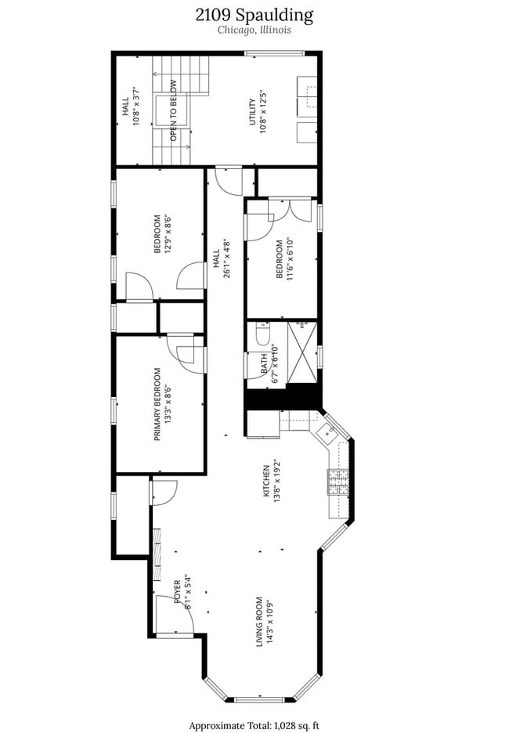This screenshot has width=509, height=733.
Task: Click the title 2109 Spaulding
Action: pyautogui.click(x=254, y=15)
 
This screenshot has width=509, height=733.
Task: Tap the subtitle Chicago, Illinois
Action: pyautogui.click(x=254, y=31)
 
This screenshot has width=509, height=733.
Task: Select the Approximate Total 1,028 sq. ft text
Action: pyautogui.click(x=254, y=725)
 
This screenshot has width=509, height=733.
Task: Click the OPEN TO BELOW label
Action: pyautogui.click(x=173, y=111)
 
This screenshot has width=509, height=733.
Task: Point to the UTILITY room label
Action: pyautogui.click(x=251, y=111)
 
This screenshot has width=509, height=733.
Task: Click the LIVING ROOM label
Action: pyautogui.click(x=259, y=622)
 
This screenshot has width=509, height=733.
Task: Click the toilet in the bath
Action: pyautogui.click(x=262, y=336)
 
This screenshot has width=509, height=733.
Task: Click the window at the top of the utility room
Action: pyautogui.click(x=274, y=53)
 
